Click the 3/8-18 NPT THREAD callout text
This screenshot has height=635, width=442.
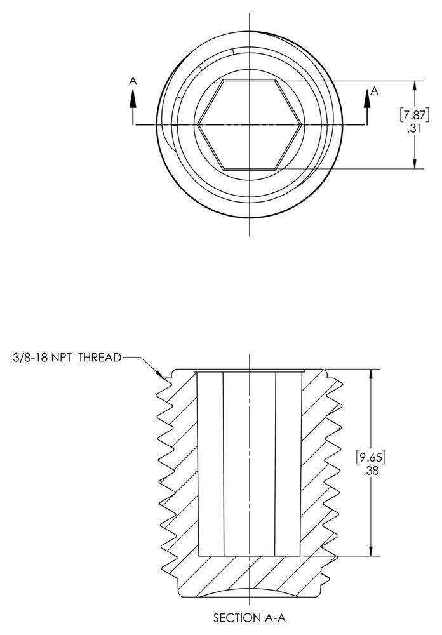67,358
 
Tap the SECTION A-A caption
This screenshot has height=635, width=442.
249,618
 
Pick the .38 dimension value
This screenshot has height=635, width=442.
371,471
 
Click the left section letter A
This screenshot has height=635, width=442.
133,81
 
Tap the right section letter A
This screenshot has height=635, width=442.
374,91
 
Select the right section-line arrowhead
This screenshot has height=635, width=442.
367,98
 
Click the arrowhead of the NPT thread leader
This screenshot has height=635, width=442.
160,374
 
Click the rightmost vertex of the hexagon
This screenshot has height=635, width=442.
301,124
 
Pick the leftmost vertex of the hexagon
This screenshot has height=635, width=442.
198,124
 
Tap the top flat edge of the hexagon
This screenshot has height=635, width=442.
249,80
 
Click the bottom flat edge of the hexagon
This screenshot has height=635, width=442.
249,168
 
